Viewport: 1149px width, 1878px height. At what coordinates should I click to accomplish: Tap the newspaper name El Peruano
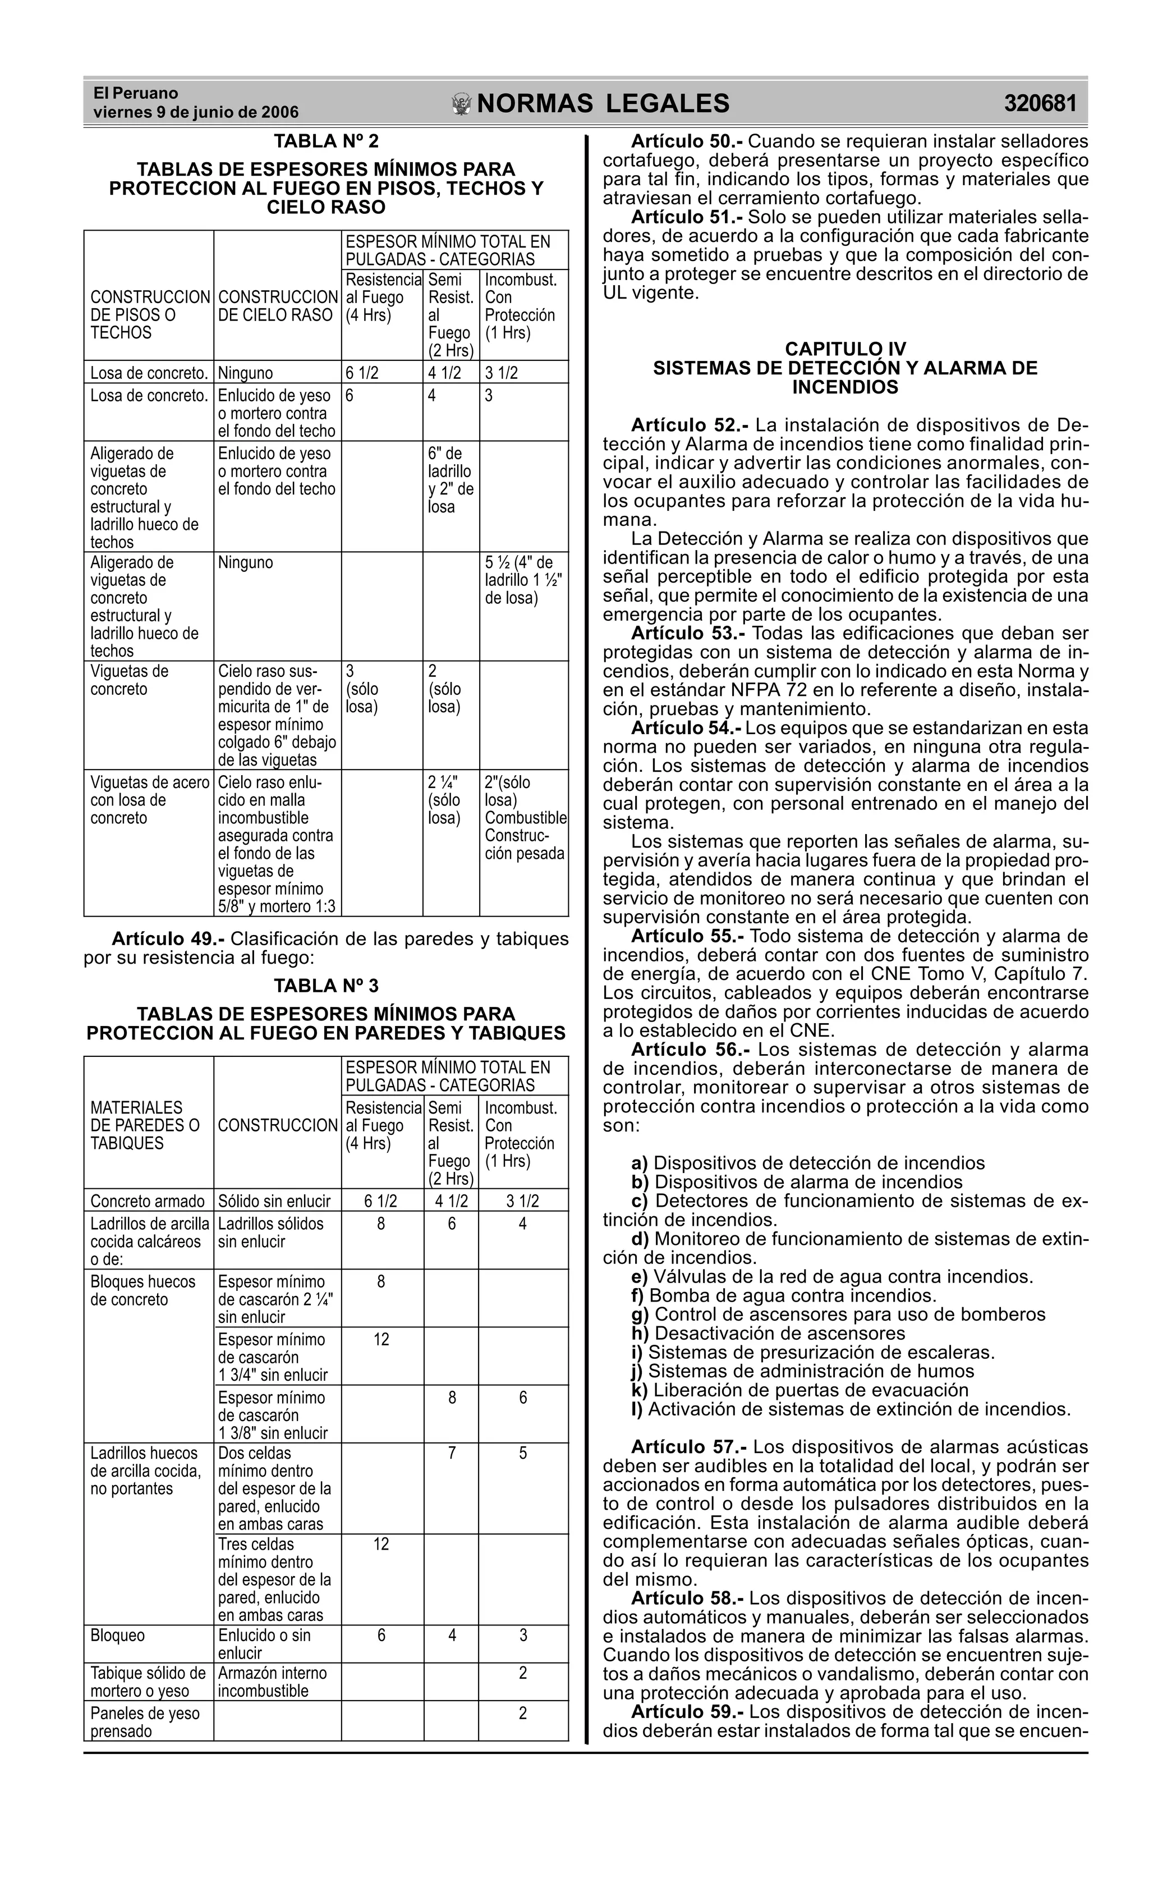coord(136,93)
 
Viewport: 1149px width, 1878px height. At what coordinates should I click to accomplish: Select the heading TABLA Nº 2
coord(326,142)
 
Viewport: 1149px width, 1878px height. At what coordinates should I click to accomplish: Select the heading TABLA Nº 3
coord(326,986)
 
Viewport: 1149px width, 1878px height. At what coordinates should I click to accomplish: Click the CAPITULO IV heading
coord(845,349)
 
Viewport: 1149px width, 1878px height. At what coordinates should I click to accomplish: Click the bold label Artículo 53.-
coord(688,633)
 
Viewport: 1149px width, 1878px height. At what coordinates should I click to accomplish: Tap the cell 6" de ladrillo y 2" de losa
coord(451,480)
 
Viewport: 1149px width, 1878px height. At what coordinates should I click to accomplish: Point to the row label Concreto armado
coord(147,1202)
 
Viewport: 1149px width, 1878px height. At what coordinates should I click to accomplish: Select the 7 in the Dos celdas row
coord(452,1454)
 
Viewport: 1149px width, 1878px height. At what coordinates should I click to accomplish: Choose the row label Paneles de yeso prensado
coord(145,1723)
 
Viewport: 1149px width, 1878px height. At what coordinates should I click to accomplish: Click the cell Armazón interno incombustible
coord(273,1682)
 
